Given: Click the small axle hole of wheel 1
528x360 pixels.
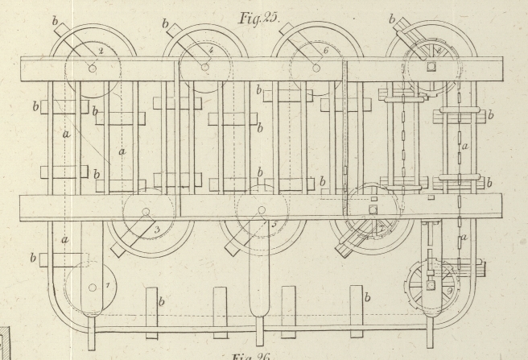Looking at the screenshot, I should pos(92,286).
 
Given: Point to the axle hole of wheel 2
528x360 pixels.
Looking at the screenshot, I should pos(93,68).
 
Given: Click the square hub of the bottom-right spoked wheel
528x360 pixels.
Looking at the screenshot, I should pos(431,284).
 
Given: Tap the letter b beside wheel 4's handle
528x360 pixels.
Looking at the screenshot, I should pos(166,24).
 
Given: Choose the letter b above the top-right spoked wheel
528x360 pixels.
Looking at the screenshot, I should pos(393,18).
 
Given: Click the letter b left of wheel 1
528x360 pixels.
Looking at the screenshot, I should pos(34,259).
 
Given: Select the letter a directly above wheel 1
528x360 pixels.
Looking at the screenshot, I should pos(64,238).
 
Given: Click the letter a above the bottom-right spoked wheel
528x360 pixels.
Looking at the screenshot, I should pos(463,238).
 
